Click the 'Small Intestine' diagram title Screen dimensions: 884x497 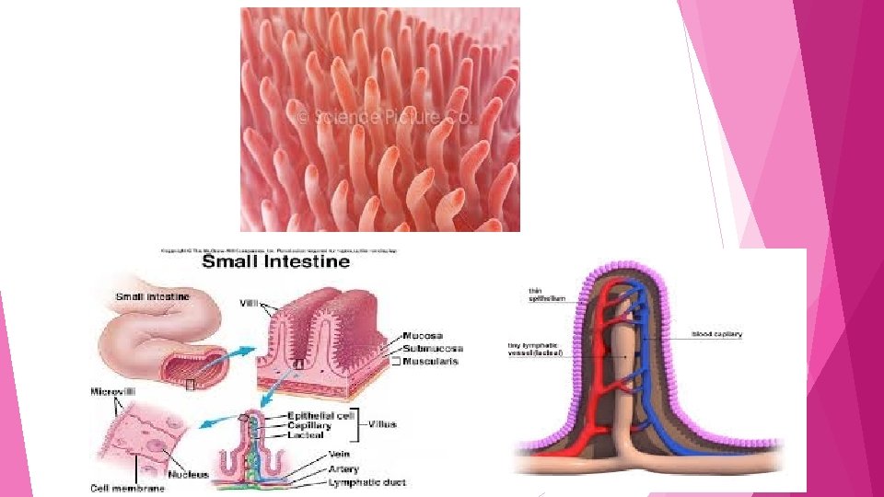[276, 260]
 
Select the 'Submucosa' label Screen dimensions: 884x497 [434, 348]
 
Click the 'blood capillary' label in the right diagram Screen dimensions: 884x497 [716, 333]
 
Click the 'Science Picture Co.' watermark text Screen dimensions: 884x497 [383, 118]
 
